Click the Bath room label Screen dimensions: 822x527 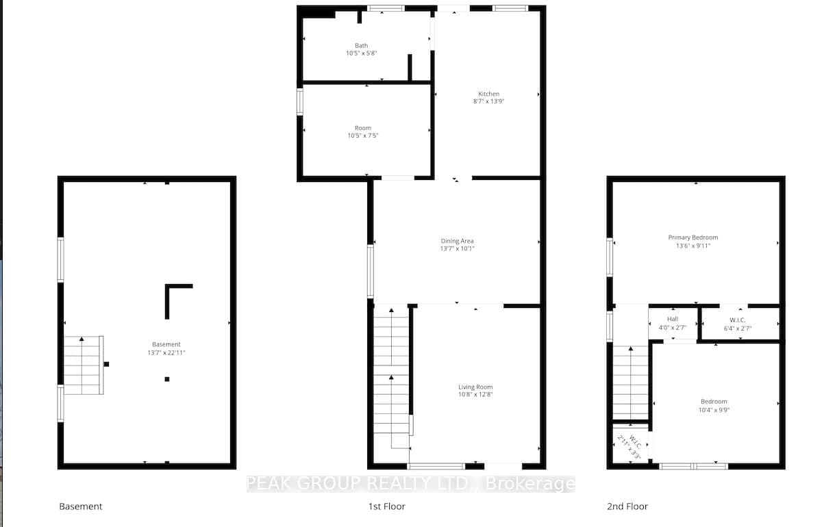[362, 45]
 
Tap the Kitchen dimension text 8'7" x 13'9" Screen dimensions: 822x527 [489, 101]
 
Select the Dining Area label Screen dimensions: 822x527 [458, 241]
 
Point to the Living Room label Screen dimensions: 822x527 [475, 387]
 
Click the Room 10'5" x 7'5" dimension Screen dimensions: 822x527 [363, 136]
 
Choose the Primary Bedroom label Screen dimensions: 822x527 [693, 237]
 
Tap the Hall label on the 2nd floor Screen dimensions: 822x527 [673, 319]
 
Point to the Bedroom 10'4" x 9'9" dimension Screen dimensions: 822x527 [714, 410]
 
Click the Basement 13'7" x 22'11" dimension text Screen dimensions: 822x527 [166, 352]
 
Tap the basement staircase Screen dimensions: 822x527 [84, 365]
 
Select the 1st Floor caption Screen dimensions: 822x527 [387, 506]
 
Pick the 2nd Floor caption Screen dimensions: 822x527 [627, 506]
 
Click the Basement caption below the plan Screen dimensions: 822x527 [81, 506]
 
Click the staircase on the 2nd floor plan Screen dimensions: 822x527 [630, 383]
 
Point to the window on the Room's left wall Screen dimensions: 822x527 [300, 101]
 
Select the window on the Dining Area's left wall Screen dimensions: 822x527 [371, 271]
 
